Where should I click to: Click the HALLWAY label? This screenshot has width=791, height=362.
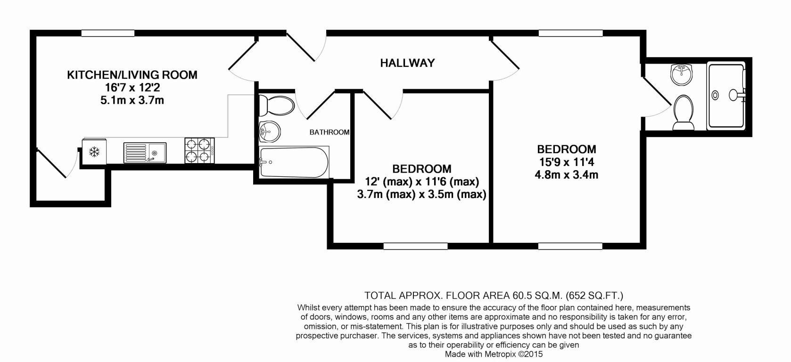pyautogui.click(x=407, y=63)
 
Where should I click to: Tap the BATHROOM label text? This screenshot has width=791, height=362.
pyautogui.click(x=329, y=132)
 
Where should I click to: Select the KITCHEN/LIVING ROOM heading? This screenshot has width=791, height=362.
pyautogui.click(x=132, y=74)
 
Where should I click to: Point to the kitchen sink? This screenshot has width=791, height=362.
pyautogui.click(x=144, y=153)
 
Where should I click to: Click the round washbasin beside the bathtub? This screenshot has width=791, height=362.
pyautogui.click(x=269, y=130)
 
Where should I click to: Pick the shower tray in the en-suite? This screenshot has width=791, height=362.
pyautogui.click(x=726, y=95)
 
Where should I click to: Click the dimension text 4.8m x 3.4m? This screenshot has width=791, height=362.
pyautogui.click(x=567, y=175)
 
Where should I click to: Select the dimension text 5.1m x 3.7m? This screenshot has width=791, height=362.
pyautogui.click(x=132, y=100)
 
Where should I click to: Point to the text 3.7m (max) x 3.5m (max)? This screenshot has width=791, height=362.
pyautogui.click(x=422, y=194)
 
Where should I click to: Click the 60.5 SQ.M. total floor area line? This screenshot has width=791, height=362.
pyautogui.click(x=494, y=296)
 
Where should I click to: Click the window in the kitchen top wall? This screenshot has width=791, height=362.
pyautogui.click(x=108, y=33)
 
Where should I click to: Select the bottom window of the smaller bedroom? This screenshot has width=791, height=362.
pyautogui.click(x=415, y=246)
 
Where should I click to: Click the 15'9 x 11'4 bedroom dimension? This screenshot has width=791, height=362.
pyautogui.click(x=567, y=163)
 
